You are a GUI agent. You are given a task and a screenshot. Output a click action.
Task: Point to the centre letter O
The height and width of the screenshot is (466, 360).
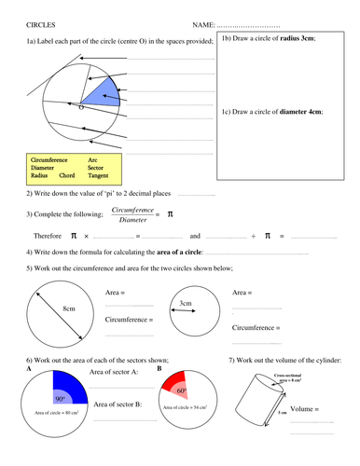coord(81,108)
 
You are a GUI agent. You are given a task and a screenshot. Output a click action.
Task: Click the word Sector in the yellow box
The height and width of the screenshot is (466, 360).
coord(97,167)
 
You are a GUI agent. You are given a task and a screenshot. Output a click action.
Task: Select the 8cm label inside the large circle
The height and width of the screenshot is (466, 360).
coord(68,308)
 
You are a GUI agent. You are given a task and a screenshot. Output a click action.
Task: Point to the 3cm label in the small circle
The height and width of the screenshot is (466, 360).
coord(186,303)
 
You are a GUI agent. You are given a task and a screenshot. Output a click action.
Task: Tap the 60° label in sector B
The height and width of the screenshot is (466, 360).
coord(183,392)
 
